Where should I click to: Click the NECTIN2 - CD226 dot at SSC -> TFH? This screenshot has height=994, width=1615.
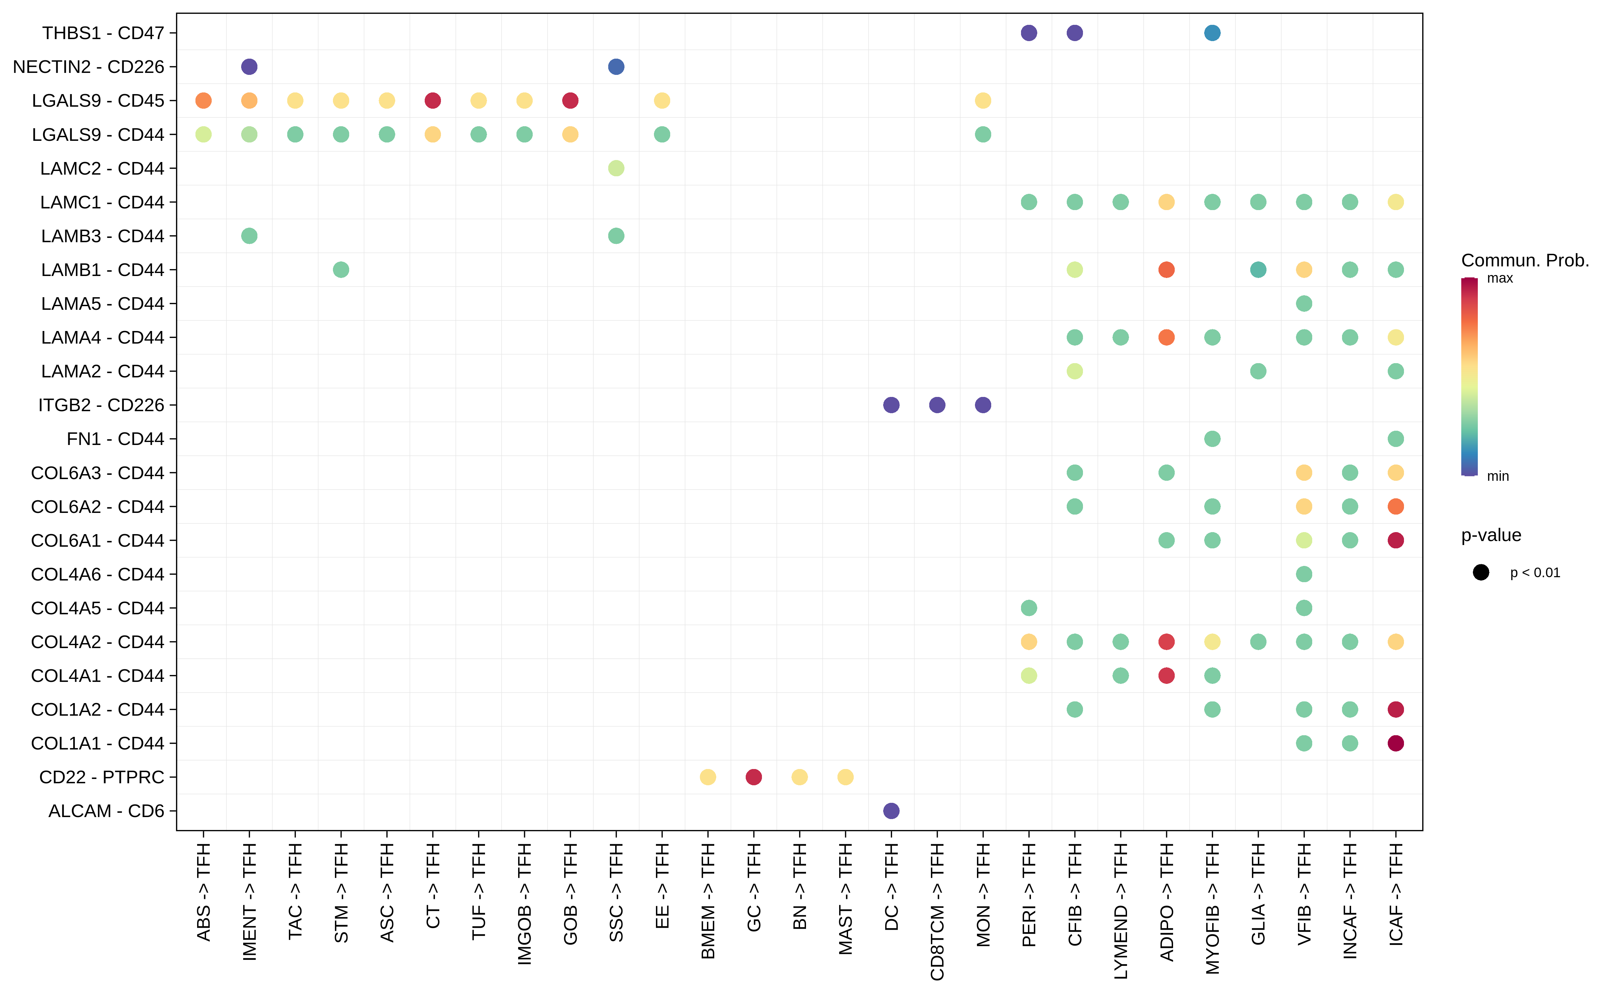click(616, 66)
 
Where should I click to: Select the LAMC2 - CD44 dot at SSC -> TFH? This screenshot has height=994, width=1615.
click(616, 168)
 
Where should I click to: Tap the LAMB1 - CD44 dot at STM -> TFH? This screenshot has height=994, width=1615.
click(341, 269)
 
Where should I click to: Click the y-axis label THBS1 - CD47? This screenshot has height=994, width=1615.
click(103, 33)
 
